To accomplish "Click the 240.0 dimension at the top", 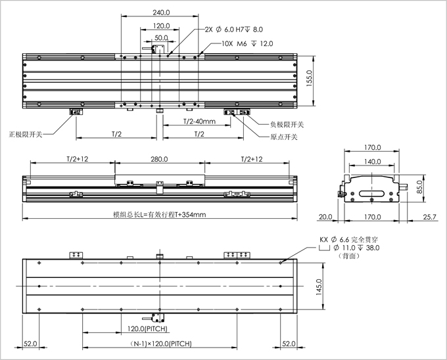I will [x=162, y=12].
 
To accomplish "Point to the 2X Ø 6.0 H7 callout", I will [x=234, y=30].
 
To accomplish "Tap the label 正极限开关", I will [x=26, y=134].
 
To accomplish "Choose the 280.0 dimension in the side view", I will [x=160, y=159].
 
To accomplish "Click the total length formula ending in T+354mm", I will [x=160, y=214].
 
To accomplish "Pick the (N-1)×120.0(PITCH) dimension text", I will [x=160, y=344].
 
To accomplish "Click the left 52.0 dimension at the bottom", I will [x=30, y=344].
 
